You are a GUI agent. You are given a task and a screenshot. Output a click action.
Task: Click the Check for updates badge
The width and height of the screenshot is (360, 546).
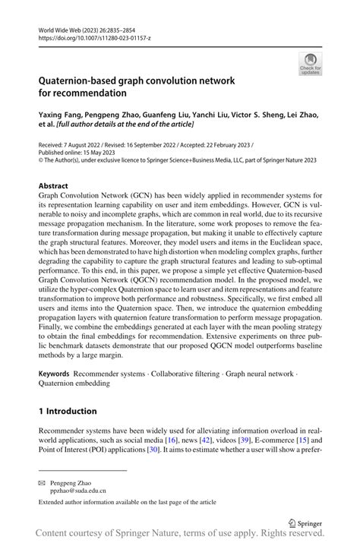tap(310, 64)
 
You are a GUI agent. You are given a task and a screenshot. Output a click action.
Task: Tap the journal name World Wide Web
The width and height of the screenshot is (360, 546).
tap(60, 27)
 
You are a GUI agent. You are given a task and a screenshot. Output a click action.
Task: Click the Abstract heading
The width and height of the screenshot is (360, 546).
tap(56, 185)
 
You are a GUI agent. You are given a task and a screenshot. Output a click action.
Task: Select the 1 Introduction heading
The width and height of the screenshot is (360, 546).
tap(68, 411)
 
